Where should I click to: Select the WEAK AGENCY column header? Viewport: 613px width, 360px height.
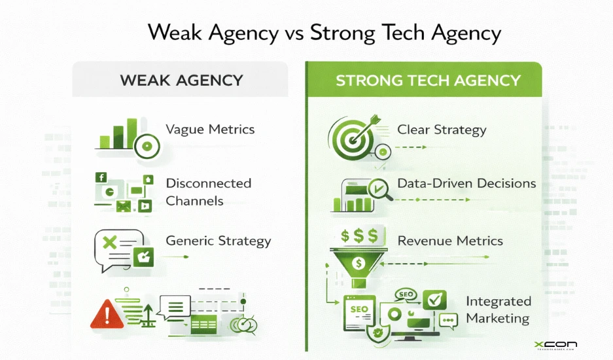(x=181, y=81)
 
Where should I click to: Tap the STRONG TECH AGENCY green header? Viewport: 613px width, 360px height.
(x=428, y=81)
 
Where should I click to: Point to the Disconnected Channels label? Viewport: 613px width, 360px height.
(x=208, y=192)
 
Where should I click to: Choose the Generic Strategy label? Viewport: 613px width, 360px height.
(x=218, y=240)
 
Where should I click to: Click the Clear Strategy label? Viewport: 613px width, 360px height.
(x=442, y=129)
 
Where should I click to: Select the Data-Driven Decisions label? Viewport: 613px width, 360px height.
(x=466, y=183)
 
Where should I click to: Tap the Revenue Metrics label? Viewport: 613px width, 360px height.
(x=450, y=240)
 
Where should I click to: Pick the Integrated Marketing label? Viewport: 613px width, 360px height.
(x=498, y=310)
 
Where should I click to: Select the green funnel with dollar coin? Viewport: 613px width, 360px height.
(x=358, y=262)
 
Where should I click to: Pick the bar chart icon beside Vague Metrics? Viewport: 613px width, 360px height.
(x=118, y=134)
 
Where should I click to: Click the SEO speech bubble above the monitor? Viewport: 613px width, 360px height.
(x=404, y=295)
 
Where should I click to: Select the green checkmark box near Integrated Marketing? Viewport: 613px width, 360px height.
(x=434, y=299)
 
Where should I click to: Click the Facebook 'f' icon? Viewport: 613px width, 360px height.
(x=101, y=177)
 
